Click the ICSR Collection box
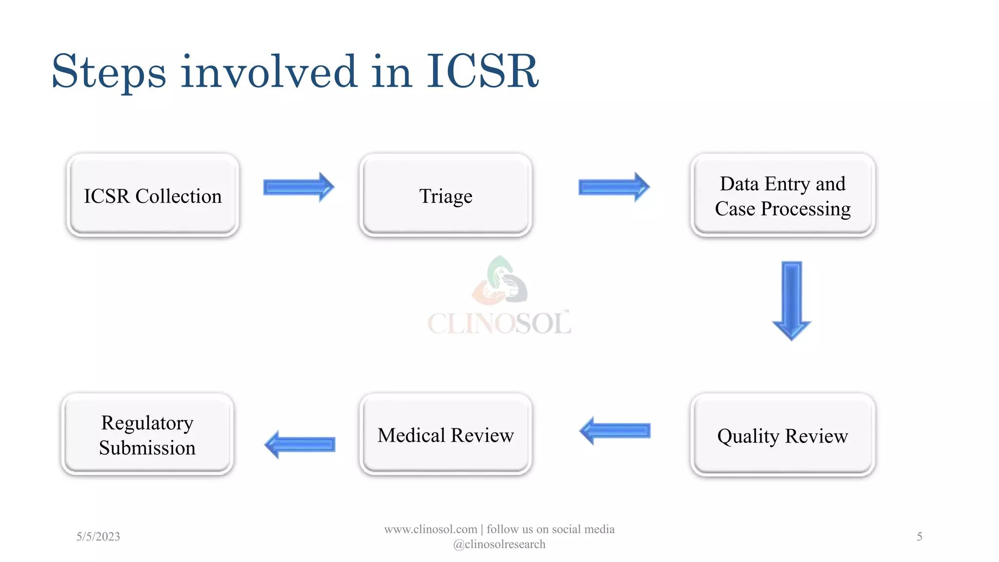click(x=153, y=196)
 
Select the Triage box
click(x=445, y=196)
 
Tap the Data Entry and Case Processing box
click(x=782, y=196)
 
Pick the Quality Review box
click(x=782, y=435)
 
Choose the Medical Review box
click(x=445, y=435)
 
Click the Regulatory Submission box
click(x=147, y=435)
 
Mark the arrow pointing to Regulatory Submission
click(x=300, y=444)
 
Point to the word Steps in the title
click(x=108, y=72)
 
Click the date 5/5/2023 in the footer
click(x=98, y=537)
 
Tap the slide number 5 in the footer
click(x=919, y=537)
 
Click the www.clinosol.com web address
click(x=430, y=529)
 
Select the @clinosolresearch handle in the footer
click(x=499, y=544)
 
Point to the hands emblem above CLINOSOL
click(x=499, y=280)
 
